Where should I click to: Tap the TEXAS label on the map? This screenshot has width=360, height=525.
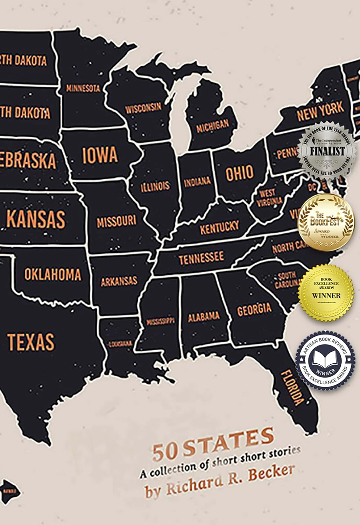[x=31, y=342]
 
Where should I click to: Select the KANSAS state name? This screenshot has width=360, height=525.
[x=36, y=219]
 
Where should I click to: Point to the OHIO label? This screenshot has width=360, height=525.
[x=240, y=173]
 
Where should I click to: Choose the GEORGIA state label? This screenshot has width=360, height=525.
[x=254, y=309]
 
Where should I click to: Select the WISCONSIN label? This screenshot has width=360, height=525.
[x=143, y=108]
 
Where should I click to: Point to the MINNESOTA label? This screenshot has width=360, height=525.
[x=83, y=88]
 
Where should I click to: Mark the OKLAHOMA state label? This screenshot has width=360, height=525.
[x=52, y=274]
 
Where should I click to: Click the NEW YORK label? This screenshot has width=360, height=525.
[x=320, y=111]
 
